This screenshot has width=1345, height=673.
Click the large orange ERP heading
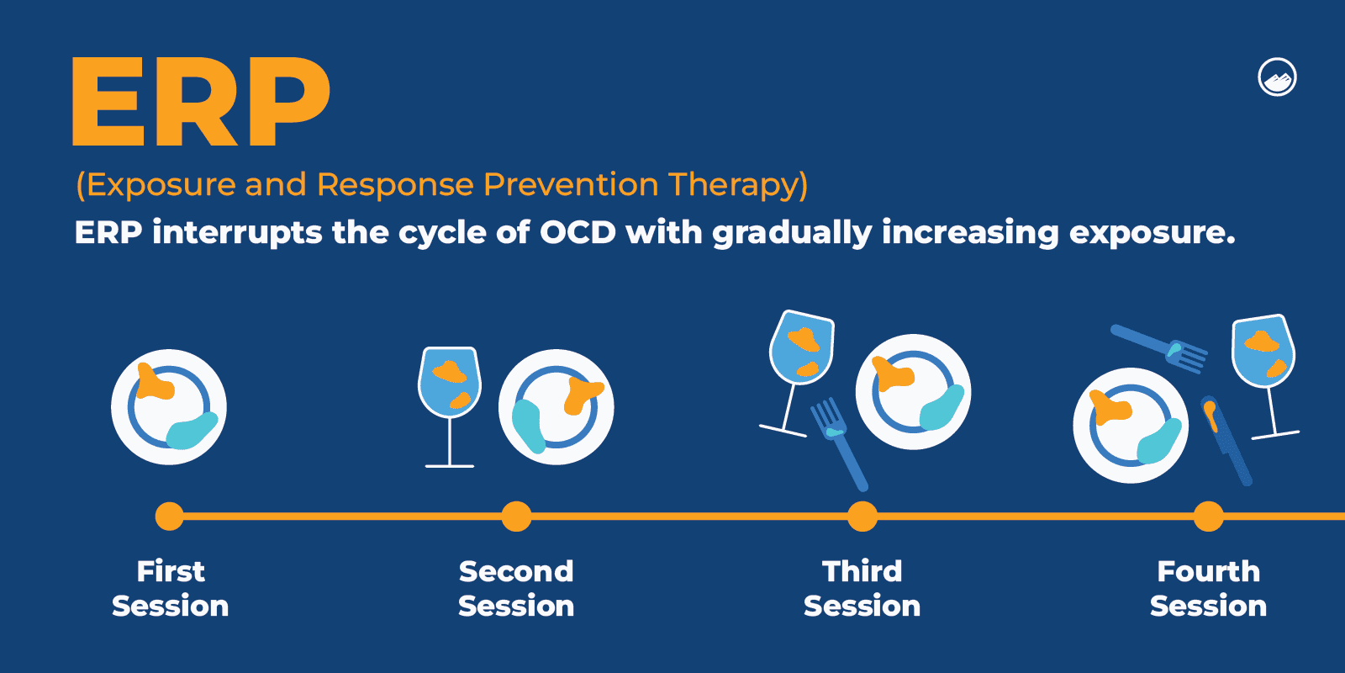click(201, 101)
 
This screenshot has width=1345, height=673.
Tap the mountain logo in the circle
click(1277, 77)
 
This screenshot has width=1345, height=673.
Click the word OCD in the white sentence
click(578, 232)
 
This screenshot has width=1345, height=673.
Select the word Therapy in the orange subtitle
click(738, 184)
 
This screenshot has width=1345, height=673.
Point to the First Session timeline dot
click(169, 517)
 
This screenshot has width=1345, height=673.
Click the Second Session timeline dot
click(516, 517)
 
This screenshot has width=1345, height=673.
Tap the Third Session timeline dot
click(862, 517)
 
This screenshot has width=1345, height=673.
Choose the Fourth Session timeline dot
click(1209, 517)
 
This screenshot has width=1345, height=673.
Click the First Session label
click(171, 588)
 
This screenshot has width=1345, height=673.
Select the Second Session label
click(516, 588)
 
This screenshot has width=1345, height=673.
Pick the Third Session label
click(862, 588)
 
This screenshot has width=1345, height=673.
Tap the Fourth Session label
click(1209, 588)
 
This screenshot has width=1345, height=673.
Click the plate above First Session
click(169, 407)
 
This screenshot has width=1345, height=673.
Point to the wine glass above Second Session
click(450, 407)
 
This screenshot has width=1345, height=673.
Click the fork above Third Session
click(839, 443)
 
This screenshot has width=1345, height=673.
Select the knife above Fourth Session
click(1226, 441)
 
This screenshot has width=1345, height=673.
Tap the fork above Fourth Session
click(1159, 349)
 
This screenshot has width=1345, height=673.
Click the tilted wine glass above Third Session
click(798, 374)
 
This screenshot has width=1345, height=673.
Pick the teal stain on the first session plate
click(192, 431)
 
